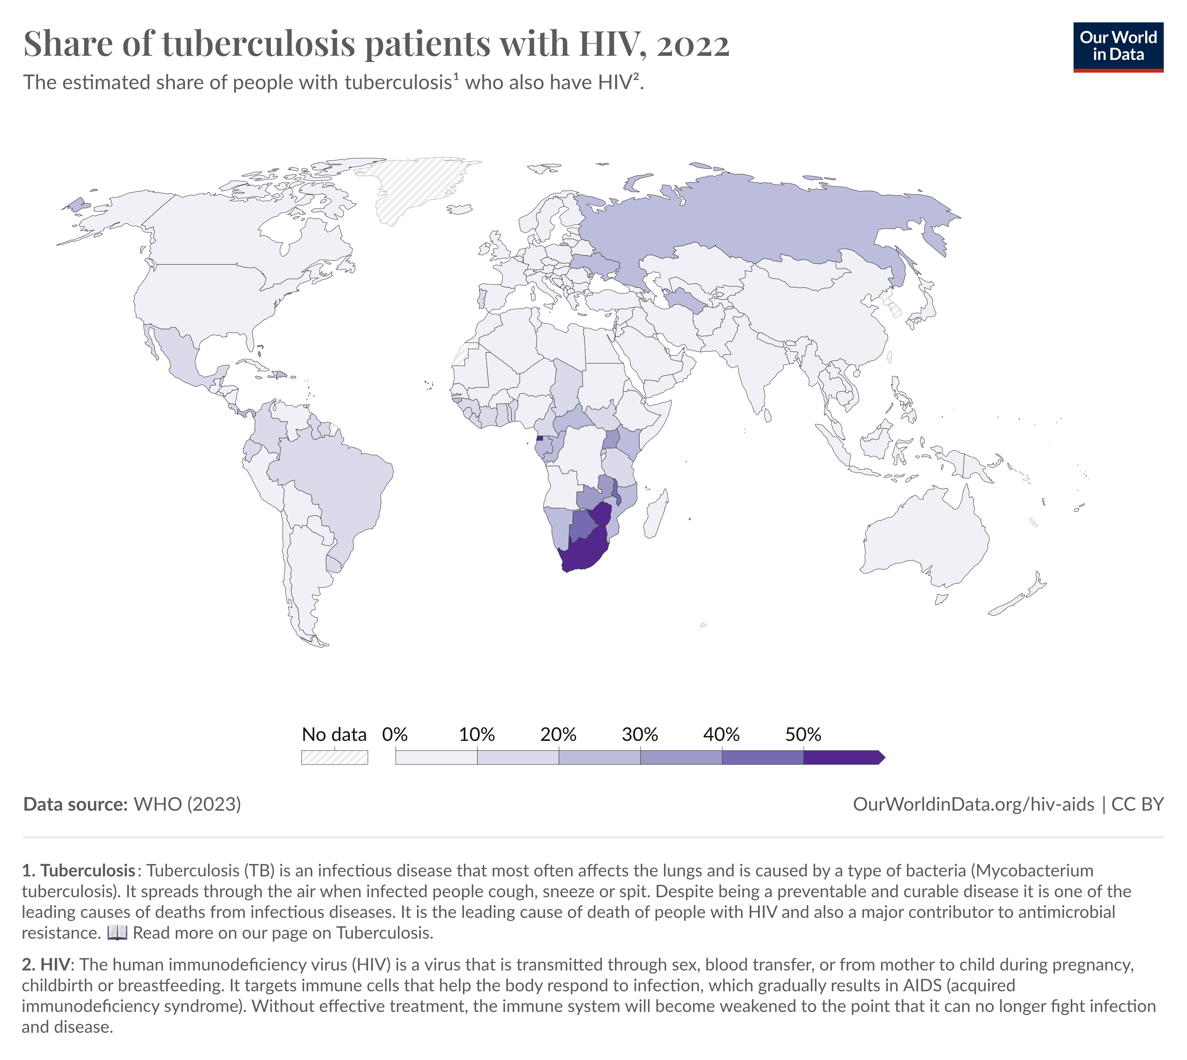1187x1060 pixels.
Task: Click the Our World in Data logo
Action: pos(1118,46)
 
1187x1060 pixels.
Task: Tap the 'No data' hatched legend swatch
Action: pos(334,757)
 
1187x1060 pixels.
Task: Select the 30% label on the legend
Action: pos(640,734)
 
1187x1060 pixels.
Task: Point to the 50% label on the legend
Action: pos(803,734)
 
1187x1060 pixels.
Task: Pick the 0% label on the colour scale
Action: pos(395,734)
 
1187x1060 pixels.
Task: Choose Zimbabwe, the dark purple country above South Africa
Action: pos(602,514)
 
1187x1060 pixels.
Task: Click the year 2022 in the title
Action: pos(693,44)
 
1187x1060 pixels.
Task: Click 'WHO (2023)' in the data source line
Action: pos(187,804)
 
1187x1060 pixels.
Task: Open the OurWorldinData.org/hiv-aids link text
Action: pos(973,804)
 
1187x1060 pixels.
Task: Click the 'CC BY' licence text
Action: pos(1137,804)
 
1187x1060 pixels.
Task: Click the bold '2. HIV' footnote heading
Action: pos(46,965)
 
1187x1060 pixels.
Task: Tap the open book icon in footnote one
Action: pos(117,933)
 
